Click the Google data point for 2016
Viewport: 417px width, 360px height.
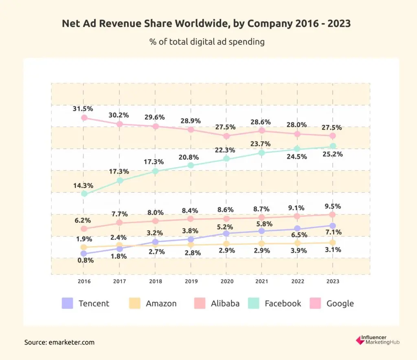84,118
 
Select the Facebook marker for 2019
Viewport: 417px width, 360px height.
191,165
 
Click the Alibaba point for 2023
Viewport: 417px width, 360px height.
333,215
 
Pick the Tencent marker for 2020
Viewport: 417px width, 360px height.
226,233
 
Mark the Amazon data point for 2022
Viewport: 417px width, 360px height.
298,243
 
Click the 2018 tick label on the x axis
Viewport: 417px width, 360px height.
155,281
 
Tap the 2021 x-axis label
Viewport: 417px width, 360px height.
262,281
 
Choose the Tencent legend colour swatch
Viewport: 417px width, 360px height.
67,303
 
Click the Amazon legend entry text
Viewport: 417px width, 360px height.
161,303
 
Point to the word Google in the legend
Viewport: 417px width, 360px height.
340,303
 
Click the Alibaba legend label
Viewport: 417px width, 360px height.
225,303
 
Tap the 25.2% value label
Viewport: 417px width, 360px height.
333,154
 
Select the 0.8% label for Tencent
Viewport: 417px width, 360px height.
84,261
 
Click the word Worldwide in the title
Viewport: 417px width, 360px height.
205,24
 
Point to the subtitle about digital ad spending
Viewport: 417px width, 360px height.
207,42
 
